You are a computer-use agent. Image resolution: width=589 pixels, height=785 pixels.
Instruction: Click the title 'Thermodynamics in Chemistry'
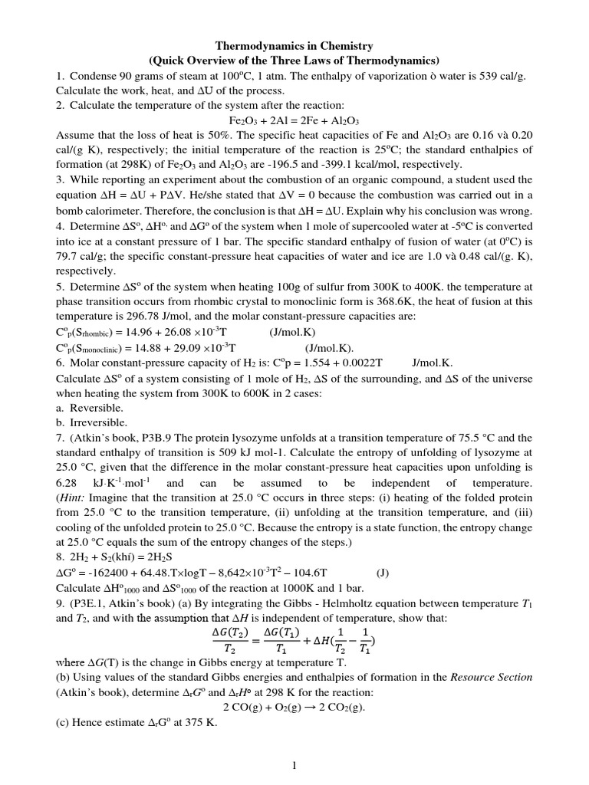294,47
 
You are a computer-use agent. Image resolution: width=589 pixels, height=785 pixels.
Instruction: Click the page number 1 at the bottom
294,765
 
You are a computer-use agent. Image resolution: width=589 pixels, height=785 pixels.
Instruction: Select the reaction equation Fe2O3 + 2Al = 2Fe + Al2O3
294,120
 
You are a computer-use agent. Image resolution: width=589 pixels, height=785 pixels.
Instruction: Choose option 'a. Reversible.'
90,408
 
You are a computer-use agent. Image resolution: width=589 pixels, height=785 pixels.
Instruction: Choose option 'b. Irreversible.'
92,422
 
